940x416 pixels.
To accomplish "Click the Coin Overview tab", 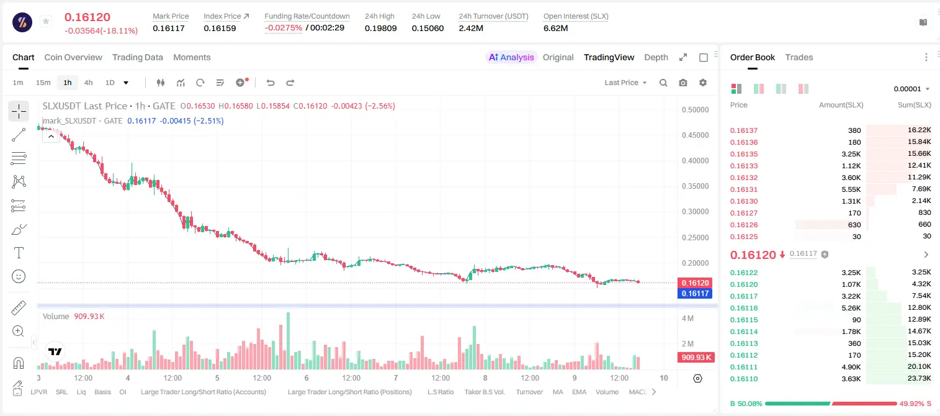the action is pyautogui.click(x=73, y=57).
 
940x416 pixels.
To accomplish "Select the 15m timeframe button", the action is pyautogui.click(x=43, y=83).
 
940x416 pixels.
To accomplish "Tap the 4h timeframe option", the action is pyautogui.click(x=88, y=83).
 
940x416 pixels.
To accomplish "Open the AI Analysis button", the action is pyautogui.click(x=511, y=57).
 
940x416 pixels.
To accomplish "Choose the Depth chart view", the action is pyautogui.click(x=656, y=57).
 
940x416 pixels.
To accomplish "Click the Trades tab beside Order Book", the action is pyautogui.click(x=799, y=57).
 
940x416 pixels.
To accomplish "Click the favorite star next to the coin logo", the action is pyautogui.click(x=46, y=21).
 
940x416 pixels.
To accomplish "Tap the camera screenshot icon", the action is pyautogui.click(x=683, y=83).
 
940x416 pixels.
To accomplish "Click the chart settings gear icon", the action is pyautogui.click(x=703, y=83).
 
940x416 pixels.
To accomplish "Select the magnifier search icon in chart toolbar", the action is pyautogui.click(x=663, y=83).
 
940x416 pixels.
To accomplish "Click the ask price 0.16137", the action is pyautogui.click(x=743, y=130).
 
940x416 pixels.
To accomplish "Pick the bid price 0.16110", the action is pyautogui.click(x=743, y=379).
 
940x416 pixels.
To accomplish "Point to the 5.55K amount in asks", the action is pyautogui.click(x=851, y=189).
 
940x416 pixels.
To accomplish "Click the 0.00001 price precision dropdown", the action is pyautogui.click(x=911, y=89).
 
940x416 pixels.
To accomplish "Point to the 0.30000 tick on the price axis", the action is pyautogui.click(x=695, y=212).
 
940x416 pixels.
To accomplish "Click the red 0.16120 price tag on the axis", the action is pyautogui.click(x=695, y=283).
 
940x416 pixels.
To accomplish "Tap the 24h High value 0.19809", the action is pyautogui.click(x=380, y=28).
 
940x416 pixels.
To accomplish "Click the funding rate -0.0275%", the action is pyautogui.click(x=284, y=28).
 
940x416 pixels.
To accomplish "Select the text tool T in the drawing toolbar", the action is pyautogui.click(x=19, y=253).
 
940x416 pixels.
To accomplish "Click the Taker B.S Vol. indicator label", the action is pyautogui.click(x=484, y=392).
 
